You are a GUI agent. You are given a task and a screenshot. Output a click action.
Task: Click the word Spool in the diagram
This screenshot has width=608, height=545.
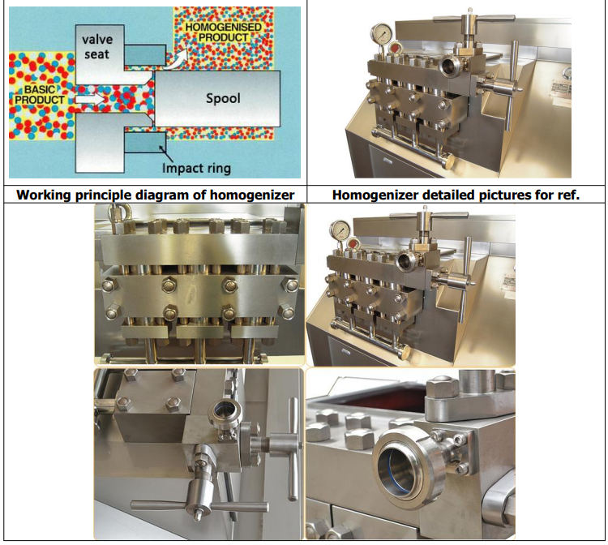[x=223, y=98]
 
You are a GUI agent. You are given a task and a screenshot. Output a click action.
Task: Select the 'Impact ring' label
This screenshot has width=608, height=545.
[x=196, y=168]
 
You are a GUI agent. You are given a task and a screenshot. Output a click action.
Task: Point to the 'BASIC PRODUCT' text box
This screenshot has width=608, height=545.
[x=36, y=93]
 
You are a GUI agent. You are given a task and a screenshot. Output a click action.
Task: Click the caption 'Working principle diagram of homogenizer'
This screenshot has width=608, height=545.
[x=155, y=195]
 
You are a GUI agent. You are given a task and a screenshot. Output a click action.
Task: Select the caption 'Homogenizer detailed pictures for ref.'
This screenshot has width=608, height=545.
[x=456, y=195]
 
